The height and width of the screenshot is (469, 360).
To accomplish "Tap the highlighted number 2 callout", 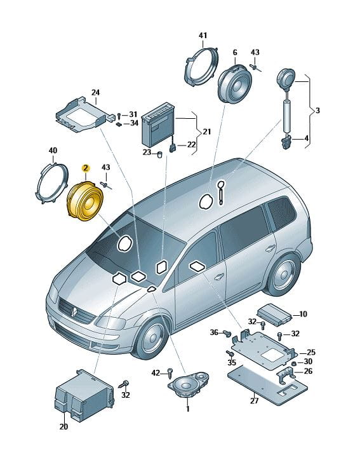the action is [86, 168].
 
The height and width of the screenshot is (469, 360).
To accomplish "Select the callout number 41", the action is [203, 36].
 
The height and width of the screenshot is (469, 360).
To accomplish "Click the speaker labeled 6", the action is [235, 84].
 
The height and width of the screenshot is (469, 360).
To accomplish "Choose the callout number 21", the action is [207, 132].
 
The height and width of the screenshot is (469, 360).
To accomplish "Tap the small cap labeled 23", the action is [159, 154].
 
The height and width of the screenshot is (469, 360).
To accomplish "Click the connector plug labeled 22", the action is [173, 148].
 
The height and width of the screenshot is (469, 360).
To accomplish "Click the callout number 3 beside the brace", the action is [317, 111].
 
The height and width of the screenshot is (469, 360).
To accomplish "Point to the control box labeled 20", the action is [84, 396].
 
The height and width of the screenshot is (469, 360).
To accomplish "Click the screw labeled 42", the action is [171, 372].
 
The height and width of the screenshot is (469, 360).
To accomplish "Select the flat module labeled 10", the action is [274, 315].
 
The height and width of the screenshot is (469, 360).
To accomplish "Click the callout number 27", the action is [254, 400].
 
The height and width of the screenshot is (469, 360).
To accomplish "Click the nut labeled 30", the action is [293, 363].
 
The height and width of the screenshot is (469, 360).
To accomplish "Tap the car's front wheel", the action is [152, 337].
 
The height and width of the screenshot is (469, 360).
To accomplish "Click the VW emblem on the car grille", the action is [74, 311].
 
